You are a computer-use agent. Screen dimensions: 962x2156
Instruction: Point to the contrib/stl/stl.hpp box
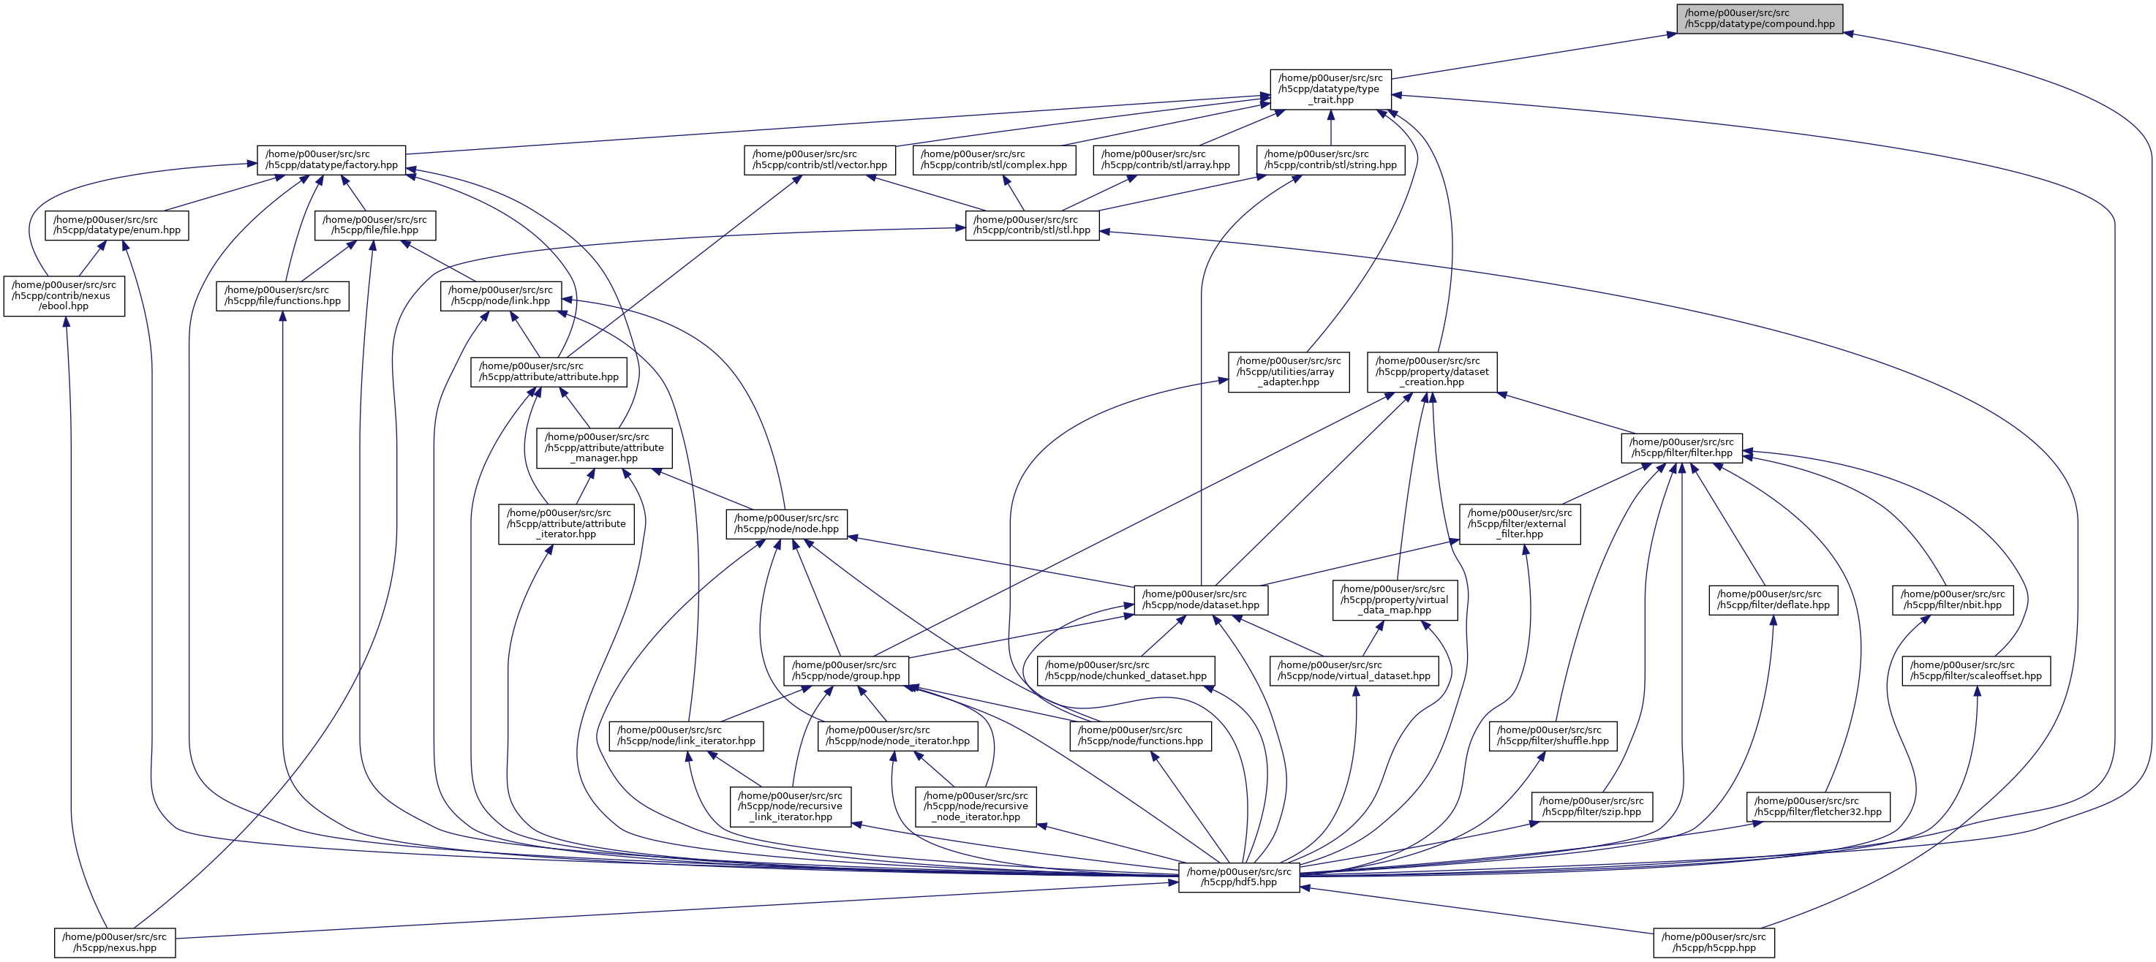[x=1032, y=225]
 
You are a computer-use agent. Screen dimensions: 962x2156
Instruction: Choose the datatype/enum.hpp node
[x=116, y=225]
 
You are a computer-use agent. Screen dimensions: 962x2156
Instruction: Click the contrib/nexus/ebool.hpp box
[x=64, y=295]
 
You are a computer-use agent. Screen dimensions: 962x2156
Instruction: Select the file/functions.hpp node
[x=282, y=295]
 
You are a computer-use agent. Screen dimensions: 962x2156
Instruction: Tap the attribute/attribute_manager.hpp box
[x=603, y=447]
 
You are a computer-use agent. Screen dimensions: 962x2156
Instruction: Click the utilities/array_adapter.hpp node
[x=1288, y=371]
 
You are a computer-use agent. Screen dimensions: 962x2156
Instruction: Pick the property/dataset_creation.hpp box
[x=1432, y=371]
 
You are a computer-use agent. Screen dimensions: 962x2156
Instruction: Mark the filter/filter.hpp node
[x=1681, y=447]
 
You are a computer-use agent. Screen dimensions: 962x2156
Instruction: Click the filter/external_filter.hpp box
[x=1519, y=523]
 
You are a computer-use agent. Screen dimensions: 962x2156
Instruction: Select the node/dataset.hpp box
[x=1200, y=599]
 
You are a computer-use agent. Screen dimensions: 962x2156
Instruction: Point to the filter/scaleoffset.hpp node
[x=1976, y=670]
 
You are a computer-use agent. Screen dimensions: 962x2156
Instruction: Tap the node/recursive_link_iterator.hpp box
[x=790, y=806]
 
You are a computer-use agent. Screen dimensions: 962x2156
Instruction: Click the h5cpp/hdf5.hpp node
[x=1239, y=876]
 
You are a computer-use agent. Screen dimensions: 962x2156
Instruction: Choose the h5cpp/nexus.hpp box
[x=115, y=943]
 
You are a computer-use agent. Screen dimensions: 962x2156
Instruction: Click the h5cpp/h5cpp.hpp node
[x=1714, y=943]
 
